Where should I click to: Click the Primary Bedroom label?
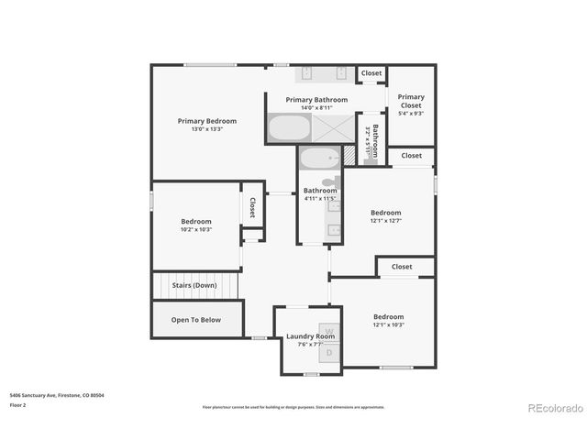206,121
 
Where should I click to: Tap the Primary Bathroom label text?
316,99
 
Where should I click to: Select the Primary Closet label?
411,101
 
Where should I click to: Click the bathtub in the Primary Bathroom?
288,128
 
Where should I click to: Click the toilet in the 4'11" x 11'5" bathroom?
327,182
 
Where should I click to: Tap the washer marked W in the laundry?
329,329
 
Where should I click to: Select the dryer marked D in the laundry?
329,352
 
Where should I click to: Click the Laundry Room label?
310,336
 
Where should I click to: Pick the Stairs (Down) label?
194,285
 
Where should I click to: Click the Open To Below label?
196,320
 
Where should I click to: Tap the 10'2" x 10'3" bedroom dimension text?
196,229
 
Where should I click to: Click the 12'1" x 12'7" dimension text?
386,220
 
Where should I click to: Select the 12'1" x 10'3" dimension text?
388,324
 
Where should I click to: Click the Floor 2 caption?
18,404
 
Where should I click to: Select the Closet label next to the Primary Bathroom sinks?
371,73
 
